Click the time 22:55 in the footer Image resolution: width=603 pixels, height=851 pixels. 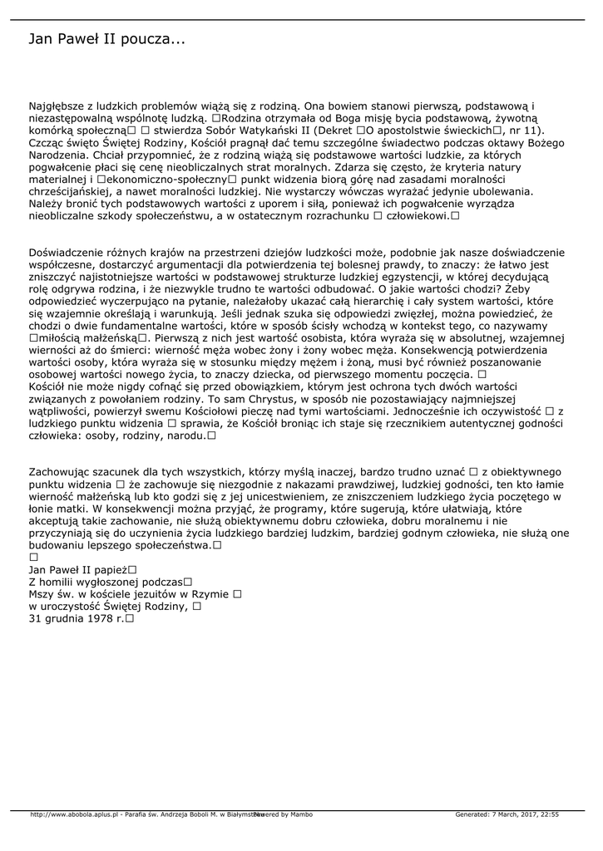pyautogui.click(x=549, y=814)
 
